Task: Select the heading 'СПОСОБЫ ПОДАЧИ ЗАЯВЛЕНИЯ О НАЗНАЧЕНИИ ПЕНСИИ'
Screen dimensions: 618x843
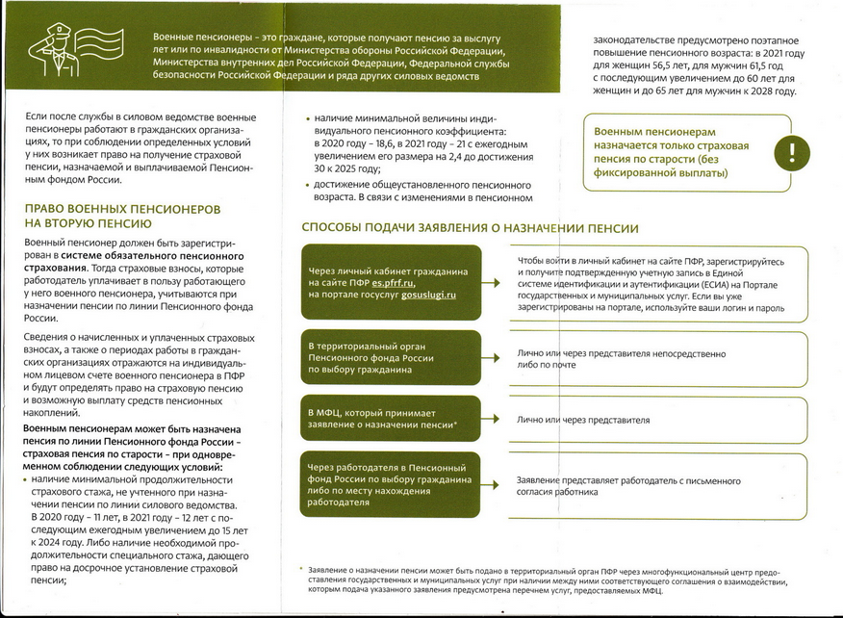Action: coord(470,228)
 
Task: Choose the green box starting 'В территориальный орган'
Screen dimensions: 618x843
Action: coord(389,357)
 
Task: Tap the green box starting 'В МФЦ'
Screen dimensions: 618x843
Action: coord(389,418)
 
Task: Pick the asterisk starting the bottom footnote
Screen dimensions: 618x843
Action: coord(301,570)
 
